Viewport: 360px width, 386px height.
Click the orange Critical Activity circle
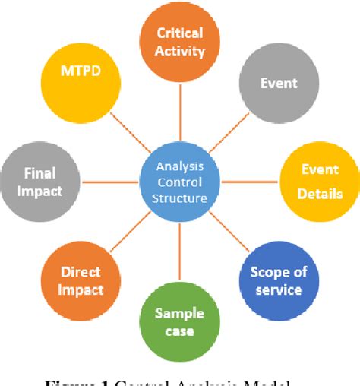[x=181, y=43]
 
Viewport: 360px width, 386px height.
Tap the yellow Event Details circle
[x=317, y=181]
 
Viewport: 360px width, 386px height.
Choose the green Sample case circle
[x=179, y=322]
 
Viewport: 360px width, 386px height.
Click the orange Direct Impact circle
[x=81, y=280]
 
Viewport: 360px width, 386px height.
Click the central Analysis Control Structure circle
[x=179, y=182]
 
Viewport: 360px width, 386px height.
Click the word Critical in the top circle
[x=181, y=33]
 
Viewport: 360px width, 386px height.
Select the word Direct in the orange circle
[x=81, y=272]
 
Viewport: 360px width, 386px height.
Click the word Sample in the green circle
[x=179, y=314]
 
